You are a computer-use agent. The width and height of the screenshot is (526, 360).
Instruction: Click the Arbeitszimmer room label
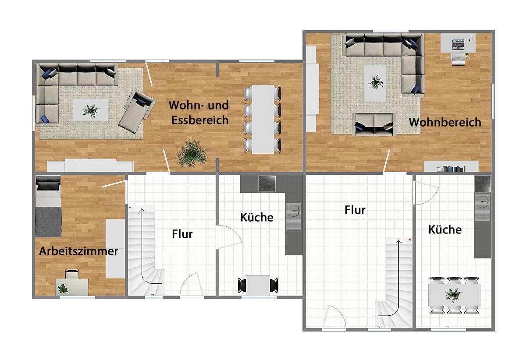pyautogui.click(x=78, y=251)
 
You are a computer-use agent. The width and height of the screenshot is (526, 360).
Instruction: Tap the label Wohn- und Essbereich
pyautogui.click(x=199, y=113)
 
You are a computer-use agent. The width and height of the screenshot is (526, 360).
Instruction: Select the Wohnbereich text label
pyautogui.click(x=444, y=122)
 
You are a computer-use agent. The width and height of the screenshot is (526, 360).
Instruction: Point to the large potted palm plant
pyautogui.click(x=192, y=152)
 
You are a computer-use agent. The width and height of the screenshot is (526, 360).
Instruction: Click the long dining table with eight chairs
pyautogui.click(x=262, y=119)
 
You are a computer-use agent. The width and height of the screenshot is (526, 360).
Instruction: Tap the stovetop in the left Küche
pyautogui.click(x=267, y=183)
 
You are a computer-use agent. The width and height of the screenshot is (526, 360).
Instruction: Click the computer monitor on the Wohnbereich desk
pyautogui.click(x=458, y=44)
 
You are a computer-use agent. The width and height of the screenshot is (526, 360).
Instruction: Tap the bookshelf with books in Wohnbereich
pyautogui.click(x=451, y=166)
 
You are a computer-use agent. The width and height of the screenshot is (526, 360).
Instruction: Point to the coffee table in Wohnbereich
pyautogui.click(x=375, y=82)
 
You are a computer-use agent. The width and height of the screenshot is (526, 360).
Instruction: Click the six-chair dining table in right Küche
pyautogui.click(x=454, y=295)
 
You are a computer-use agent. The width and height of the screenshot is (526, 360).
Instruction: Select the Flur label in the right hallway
pyautogui.click(x=355, y=210)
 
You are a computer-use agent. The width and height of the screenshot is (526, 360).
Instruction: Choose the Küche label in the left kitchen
pyautogui.click(x=257, y=217)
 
